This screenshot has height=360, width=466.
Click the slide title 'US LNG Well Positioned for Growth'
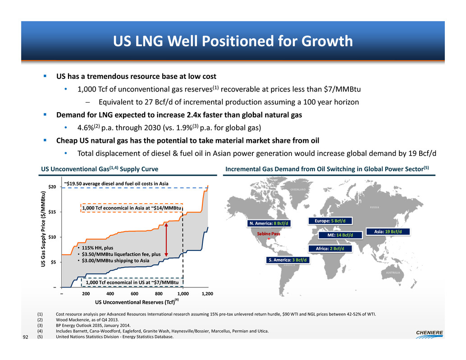point(233,42)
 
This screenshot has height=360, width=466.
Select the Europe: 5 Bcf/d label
point(330,221)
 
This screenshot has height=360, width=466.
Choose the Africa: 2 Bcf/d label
point(330,249)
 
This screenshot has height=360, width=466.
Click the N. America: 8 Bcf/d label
point(269,223)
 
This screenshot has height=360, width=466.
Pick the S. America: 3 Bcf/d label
point(287,260)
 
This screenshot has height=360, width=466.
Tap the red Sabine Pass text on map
point(269,234)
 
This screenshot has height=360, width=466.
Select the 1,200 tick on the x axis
point(207,293)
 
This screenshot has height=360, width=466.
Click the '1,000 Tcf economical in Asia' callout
point(132,208)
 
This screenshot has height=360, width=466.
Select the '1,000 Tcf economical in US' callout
point(132,283)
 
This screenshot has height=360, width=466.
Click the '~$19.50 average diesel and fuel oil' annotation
point(116,183)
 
